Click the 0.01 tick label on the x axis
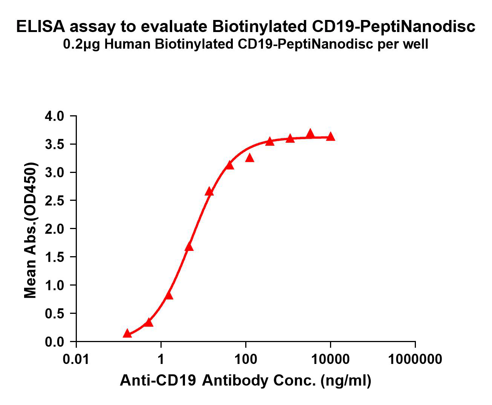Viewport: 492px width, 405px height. coord(76,359)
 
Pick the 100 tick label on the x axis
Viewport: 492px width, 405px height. coord(246,359)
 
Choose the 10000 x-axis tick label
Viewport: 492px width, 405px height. coord(330,359)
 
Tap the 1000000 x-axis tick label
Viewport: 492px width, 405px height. coord(415,359)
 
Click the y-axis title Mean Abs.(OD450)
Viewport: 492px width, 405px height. coord(31,231)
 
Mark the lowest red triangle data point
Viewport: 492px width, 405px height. coord(127,333)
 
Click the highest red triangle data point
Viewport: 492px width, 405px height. coord(310,133)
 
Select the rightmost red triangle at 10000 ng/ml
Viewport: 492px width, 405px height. coord(330,136)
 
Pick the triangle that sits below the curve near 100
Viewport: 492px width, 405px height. coord(249,158)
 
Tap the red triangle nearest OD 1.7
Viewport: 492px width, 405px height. coord(189,247)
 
